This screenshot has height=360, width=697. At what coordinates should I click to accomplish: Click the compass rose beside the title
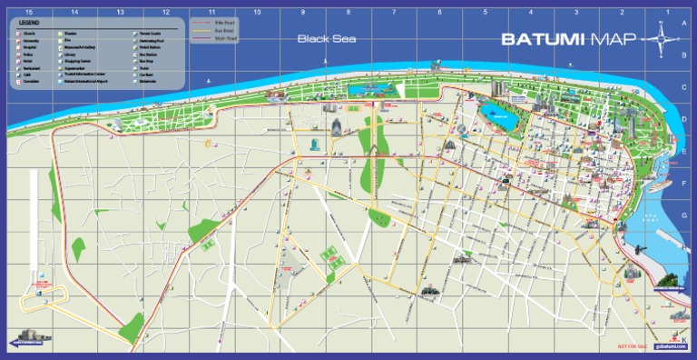pos(661,39)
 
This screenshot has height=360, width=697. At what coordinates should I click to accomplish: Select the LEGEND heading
pos(28,23)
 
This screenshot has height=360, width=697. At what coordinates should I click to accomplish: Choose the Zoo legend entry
pos(69,40)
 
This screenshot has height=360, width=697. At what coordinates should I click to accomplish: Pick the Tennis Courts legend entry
pos(148,33)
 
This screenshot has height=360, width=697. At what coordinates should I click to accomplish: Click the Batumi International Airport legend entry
pos(86,82)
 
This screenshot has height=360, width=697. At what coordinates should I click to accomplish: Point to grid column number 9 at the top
pos(303,12)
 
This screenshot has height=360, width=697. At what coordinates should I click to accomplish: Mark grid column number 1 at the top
pos(668,12)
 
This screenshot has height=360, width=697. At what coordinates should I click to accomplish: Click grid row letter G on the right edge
pos(683,215)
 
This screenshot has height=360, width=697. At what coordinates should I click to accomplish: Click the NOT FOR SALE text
pos(633,346)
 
